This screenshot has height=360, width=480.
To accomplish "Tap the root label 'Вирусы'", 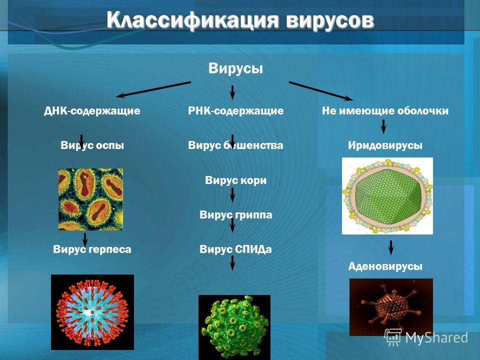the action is pos(235,68).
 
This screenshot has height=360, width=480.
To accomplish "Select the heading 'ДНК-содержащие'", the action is pos(92,110).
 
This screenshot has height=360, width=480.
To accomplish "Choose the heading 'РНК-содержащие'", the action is pos(235,110).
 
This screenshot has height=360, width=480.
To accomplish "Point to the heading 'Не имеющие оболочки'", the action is pos(385,110).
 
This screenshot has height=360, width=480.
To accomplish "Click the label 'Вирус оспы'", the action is pos(92,145).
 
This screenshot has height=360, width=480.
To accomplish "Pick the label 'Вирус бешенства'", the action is pos(235,145).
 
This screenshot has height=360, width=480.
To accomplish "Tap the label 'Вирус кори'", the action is pos(235,180).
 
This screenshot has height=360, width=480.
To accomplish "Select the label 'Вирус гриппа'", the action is pos(235,215).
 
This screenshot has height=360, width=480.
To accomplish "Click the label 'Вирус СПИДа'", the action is pos(235,249).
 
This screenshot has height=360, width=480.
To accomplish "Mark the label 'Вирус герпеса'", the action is pos(92,249).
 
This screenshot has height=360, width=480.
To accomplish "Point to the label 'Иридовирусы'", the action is pos(385,145).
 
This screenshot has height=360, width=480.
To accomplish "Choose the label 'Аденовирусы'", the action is pos(385,266).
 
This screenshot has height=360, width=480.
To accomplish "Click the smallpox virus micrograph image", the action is pos(90,199).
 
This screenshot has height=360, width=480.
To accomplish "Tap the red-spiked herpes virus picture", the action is pos(92,312).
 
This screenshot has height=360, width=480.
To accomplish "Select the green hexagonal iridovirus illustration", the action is pos(387,196).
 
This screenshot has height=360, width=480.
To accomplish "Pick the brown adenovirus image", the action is pos(391,307).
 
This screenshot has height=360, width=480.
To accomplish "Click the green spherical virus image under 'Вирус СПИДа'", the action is pos(234,327).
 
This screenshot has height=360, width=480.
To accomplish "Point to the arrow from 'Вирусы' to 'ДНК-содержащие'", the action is pos(153,89).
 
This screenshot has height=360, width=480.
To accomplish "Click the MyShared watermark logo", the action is pos(426,337).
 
